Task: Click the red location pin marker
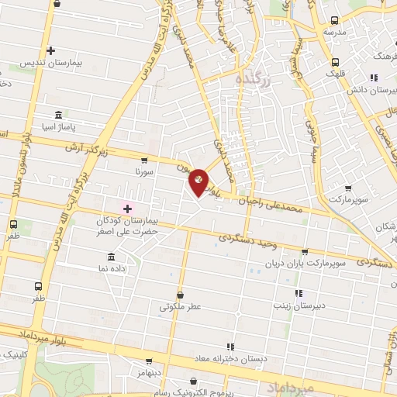pos(199,181)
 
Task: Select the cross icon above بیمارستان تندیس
pos(50,51)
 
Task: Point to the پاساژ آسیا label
pos(59,126)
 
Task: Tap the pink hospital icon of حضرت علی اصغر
pos(128,208)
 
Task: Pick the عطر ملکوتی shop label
pos(180,306)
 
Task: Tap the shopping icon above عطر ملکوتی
pos(181,294)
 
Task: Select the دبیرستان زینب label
pos(297,306)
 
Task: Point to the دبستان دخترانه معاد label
pos(230,358)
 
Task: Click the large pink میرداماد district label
pos(288,385)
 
